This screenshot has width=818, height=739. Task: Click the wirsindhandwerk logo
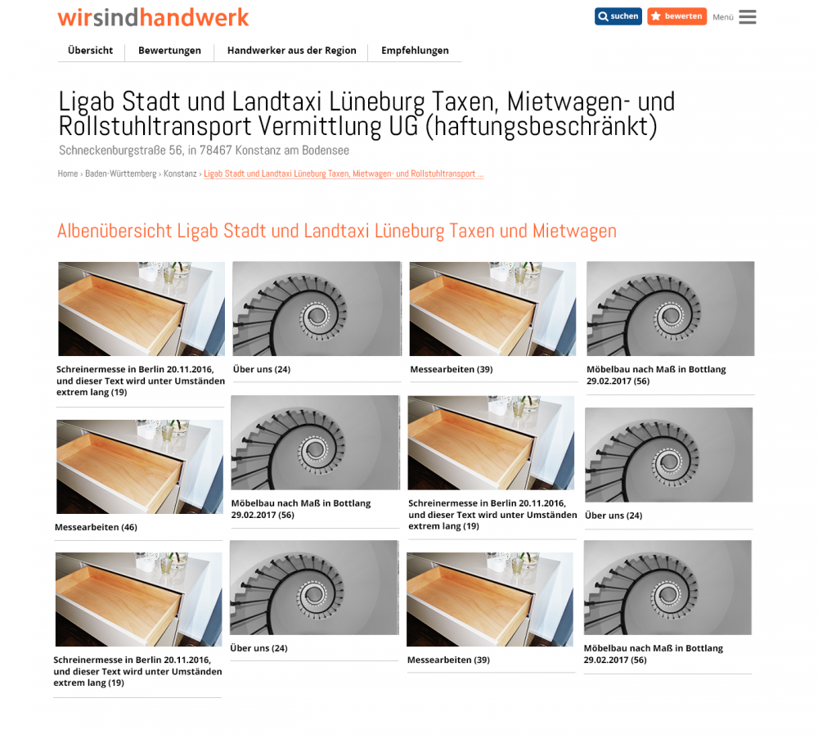[154, 17]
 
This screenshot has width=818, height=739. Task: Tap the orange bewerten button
[676, 16]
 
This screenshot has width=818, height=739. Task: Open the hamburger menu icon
[747, 16]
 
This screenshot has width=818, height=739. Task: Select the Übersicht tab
[90, 51]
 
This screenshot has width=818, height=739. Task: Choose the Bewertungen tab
[169, 51]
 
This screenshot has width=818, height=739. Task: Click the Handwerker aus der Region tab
[292, 51]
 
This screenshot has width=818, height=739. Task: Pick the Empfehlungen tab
[415, 51]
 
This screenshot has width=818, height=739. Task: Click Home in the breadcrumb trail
[68, 173]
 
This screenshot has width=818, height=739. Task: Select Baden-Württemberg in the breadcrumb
[120, 173]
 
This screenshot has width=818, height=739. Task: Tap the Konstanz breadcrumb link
[180, 173]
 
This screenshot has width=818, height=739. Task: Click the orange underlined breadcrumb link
[344, 173]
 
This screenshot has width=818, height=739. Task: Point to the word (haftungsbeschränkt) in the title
[541, 126]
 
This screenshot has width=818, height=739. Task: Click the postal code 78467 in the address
[215, 151]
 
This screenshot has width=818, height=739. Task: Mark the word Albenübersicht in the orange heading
[115, 232]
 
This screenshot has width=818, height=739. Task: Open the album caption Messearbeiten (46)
[96, 527]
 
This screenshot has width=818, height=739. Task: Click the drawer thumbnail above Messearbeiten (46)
[140, 466]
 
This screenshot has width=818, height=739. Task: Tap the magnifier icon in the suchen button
[603, 16]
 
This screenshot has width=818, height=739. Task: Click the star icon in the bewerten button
[656, 16]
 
